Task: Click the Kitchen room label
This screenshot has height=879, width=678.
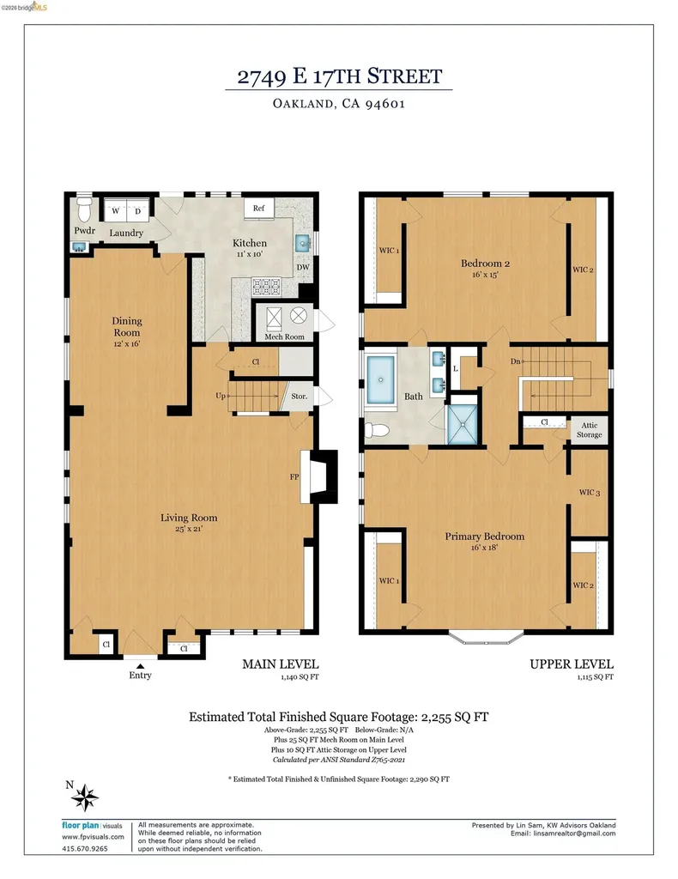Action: coord(250,243)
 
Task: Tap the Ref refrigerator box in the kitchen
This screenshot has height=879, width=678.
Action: coord(259,208)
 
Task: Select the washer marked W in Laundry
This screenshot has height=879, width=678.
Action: coord(116,211)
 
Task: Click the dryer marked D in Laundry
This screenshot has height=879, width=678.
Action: coord(138,211)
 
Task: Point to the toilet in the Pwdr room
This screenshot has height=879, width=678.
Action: coord(84,209)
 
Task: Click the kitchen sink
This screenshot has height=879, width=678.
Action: coord(303,243)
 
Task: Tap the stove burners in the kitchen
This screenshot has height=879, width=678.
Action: coord(266,287)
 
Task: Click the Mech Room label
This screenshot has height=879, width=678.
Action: coord(284,336)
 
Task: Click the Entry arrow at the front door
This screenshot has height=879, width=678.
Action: coord(140,666)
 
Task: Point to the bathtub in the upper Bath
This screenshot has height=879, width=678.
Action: coord(380,379)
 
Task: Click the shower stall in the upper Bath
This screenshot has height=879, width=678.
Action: coord(463,424)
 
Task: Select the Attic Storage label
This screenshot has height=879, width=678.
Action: coord(589,430)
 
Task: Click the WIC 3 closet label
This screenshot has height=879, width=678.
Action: coord(590,492)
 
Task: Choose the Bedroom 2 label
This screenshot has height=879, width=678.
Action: coord(485,263)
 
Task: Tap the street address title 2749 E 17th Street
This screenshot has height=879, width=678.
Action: coord(340,76)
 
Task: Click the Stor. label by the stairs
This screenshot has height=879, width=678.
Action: coord(300,397)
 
